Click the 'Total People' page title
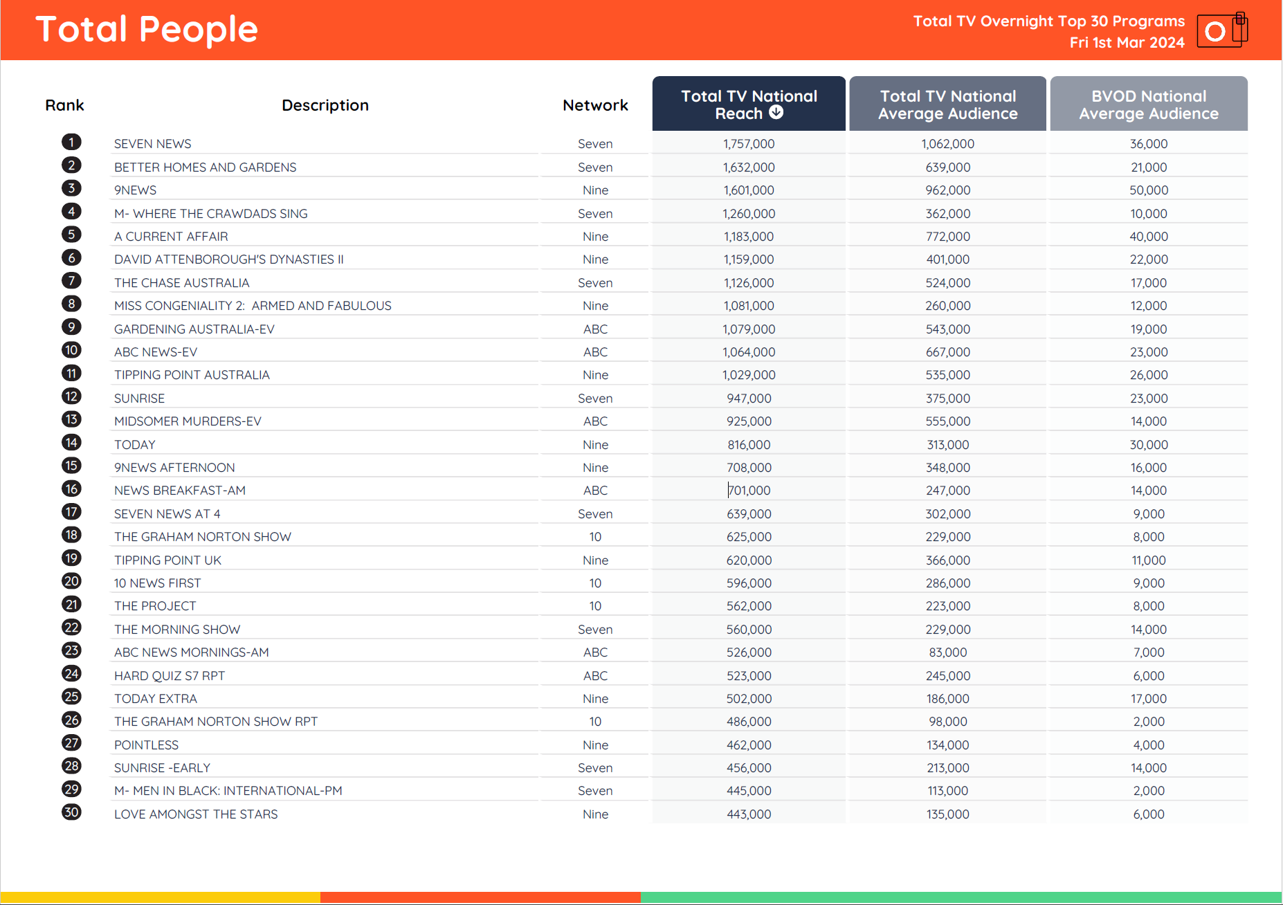pyautogui.click(x=147, y=30)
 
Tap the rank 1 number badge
pyautogui.click(x=71, y=143)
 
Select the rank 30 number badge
pyautogui.click(x=71, y=812)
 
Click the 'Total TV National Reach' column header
pyautogui.click(x=748, y=104)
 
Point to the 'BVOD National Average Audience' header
pyautogui.click(x=1148, y=104)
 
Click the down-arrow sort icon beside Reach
pyautogui.click(x=776, y=113)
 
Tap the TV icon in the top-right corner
pyautogui.click(x=1221, y=31)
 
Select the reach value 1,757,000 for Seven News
pyautogui.click(x=749, y=144)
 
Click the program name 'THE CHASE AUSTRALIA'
pyautogui.click(x=181, y=283)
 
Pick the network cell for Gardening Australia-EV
pyautogui.click(x=595, y=329)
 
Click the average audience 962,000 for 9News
pyautogui.click(x=947, y=190)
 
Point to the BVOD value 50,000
pyautogui.click(x=1148, y=190)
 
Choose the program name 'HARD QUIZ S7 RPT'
pyautogui.click(x=170, y=676)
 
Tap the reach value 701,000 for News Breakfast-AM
pyautogui.click(x=749, y=491)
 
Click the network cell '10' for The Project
pyautogui.click(x=595, y=606)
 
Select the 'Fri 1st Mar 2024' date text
pyautogui.click(x=1127, y=43)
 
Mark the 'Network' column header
pyautogui.click(x=595, y=105)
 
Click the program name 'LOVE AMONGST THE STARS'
pyautogui.click(x=196, y=814)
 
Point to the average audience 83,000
pyautogui.click(x=947, y=652)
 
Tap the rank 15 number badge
pyautogui.click(x=71, y=466)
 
